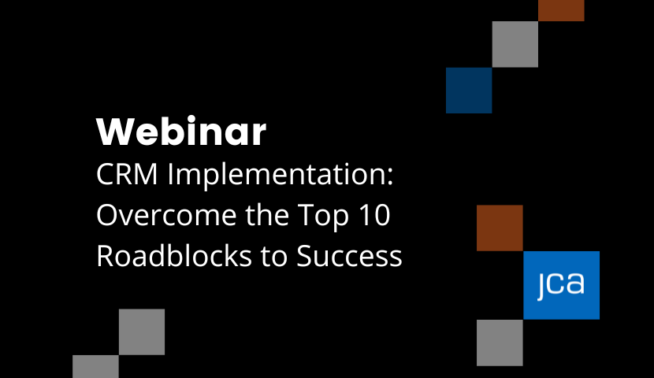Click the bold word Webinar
(x=181, y=132)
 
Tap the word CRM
(x=127, y=174)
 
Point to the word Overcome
(x=166, y=216)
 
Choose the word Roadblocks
(x=174, y=254)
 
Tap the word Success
(x=349, y=255)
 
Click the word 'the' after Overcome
(x=267, y=215)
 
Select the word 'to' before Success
(x=273, y=256)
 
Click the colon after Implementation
(x=389, y=177)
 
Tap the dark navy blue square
(x=469, y=90)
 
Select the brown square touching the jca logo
(x=500, y=228)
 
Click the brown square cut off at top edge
(x=561, y=10)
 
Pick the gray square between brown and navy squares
(x=515, y=44)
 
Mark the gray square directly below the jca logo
(x=500, y=343)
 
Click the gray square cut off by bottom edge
(x=95, y=367)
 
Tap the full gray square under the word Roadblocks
(x=142, y=332)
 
